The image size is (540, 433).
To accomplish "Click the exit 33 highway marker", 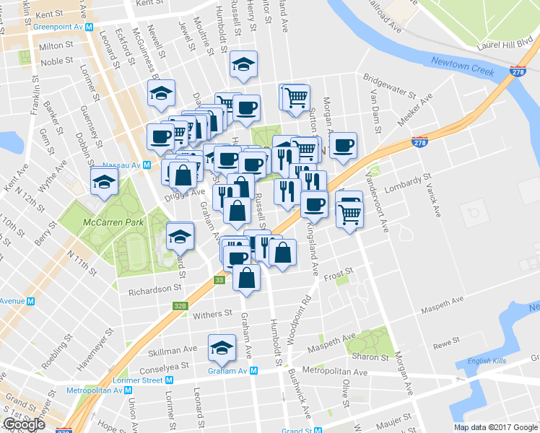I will (x=219, y=279).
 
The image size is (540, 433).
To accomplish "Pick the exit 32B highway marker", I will (x=180, y=306).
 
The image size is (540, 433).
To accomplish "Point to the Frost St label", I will (x=337, y=274).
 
